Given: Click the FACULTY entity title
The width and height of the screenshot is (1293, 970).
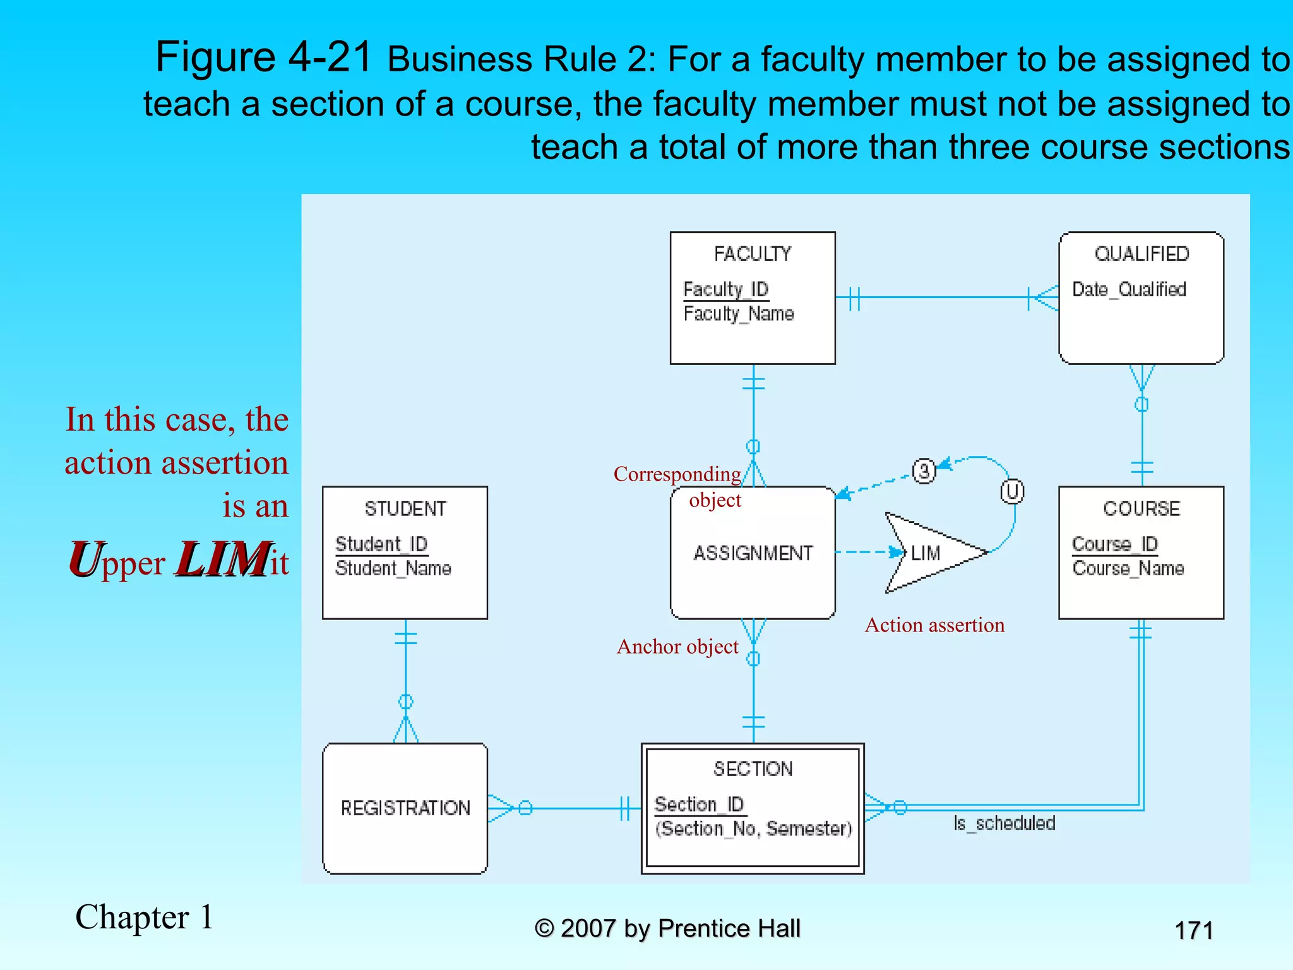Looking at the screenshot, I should [x=752, y=254].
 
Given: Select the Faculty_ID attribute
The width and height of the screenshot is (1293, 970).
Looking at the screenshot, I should [x=725, y=289].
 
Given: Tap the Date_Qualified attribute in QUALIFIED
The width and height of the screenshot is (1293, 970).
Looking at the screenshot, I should [x=1129, y=289].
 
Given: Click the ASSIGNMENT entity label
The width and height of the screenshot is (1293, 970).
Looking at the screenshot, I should [x=753, y=553].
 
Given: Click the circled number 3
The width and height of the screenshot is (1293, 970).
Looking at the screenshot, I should [x=924, y=470].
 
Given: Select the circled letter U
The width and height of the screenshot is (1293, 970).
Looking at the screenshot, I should [x=1012, y=491].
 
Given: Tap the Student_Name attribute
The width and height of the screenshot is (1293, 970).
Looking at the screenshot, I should [x=393, y=568].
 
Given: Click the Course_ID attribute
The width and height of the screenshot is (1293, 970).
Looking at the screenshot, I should [x=1114, y=544].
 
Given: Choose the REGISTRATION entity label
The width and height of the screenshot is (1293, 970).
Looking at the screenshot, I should [x=405, y=808].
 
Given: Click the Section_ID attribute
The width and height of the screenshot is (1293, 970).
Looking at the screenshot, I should [x=699, y=804].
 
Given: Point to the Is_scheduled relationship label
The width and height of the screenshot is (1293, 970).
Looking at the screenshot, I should [x=1004, y=823].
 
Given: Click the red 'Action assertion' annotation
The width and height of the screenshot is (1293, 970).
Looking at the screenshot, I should [x=934, y=625].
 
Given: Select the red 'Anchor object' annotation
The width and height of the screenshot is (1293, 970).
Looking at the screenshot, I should [x=677, y=647].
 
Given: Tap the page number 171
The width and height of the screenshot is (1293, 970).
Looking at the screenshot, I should [x=1193, y=930].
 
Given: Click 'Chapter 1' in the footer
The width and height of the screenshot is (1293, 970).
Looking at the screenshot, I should [x=144, y=917].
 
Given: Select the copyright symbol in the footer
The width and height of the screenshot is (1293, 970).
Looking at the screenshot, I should [x=544, y=928].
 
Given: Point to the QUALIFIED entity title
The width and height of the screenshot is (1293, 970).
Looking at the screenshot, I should [x=1141, y=254].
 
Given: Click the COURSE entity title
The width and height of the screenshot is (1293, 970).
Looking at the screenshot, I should [x=1141, y=508].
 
